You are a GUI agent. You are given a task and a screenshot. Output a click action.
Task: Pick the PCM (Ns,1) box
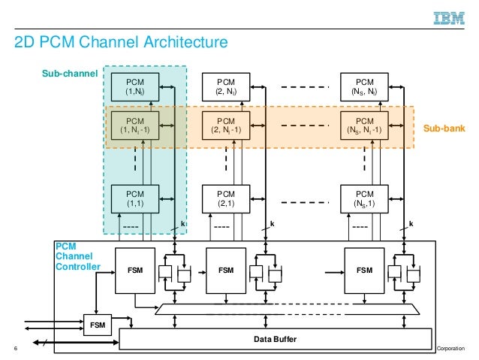point(364,199)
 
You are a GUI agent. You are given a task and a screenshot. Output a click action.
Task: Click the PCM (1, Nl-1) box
point(135,125)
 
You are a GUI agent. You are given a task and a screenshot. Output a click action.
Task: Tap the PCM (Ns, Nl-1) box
point(364,125)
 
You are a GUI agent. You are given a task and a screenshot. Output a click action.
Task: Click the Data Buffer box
point(275,340)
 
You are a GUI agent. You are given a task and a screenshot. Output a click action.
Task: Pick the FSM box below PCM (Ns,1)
point(364,268)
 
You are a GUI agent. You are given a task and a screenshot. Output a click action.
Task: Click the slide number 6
point(15,349)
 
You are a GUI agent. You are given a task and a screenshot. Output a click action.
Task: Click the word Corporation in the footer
point(453,349)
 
